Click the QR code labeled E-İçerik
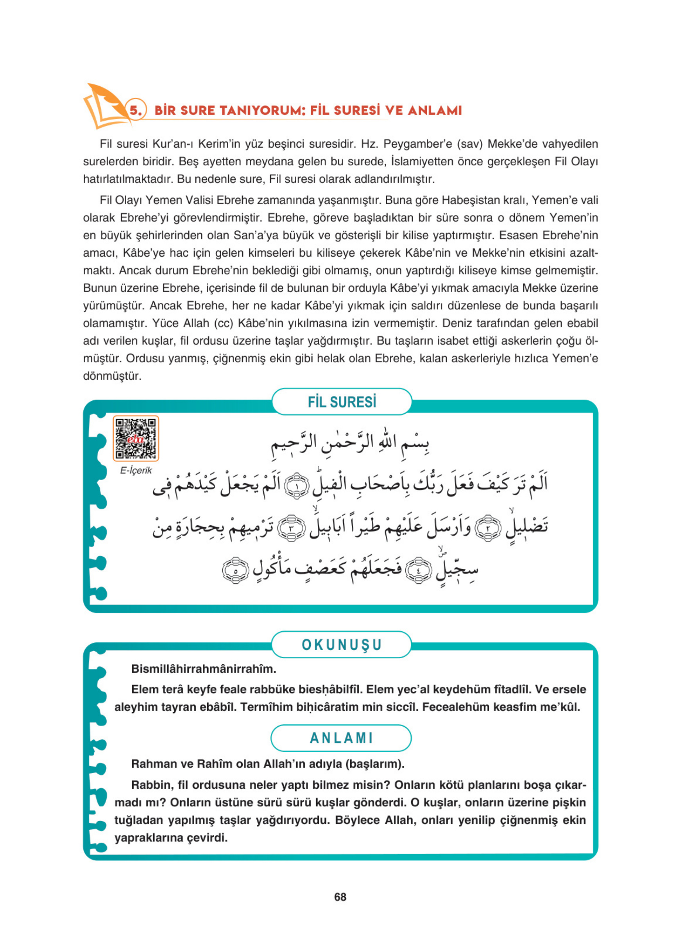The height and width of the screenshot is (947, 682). coord(136,438)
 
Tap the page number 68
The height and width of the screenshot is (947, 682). coord(340,897)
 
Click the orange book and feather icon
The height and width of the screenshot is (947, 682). coord(104,106)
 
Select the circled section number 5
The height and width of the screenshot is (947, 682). coord(135,110)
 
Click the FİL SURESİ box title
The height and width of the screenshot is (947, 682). coord(342,402)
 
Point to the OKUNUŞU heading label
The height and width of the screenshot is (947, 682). coord(342,644)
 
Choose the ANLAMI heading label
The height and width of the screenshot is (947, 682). coord(342,738)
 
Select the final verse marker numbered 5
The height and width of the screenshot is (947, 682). coord(236,571)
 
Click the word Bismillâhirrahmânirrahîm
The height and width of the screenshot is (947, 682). coord(203,669)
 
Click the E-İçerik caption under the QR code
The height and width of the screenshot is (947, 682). coord(136,471)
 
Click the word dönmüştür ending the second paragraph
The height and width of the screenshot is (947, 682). coord(112,376)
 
